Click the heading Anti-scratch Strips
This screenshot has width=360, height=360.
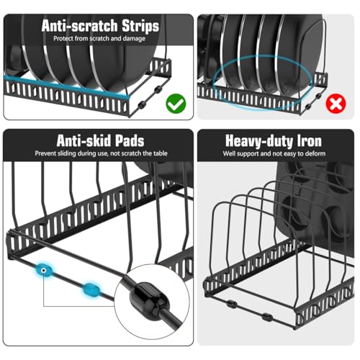click(101, 26)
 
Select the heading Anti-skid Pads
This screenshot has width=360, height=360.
click(101, 140)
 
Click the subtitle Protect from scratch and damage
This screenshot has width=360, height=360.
click(101, 39)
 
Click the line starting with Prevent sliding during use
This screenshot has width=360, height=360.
click(101, 154)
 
